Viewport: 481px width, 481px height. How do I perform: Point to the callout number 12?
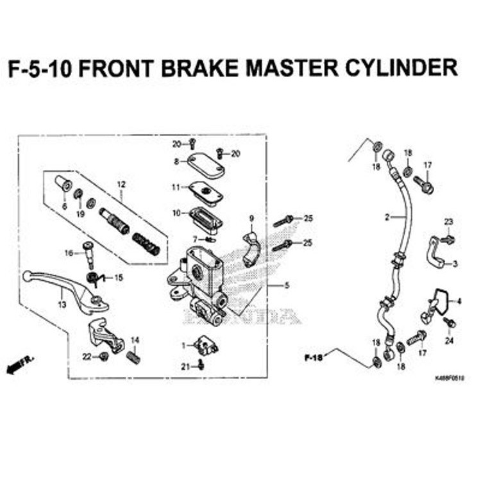pyautogui.click(x=119, y=185)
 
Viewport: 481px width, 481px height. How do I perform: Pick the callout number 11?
pyautogui.click(x=176, y=187)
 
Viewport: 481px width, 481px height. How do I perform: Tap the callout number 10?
pyautogui.click(x=176, y=212)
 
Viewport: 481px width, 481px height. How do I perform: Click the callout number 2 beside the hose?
pyautogui.click(x=387, y=218)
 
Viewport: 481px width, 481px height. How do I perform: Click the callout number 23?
pyautogui.click(x=448, y=222)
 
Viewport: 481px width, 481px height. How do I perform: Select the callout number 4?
pyautogui.click(x=459, y=300)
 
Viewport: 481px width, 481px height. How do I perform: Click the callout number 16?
pyautogui.click(x=69, y=253)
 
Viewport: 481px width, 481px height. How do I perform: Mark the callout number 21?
pyautogui.click(x=185, y=366)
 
